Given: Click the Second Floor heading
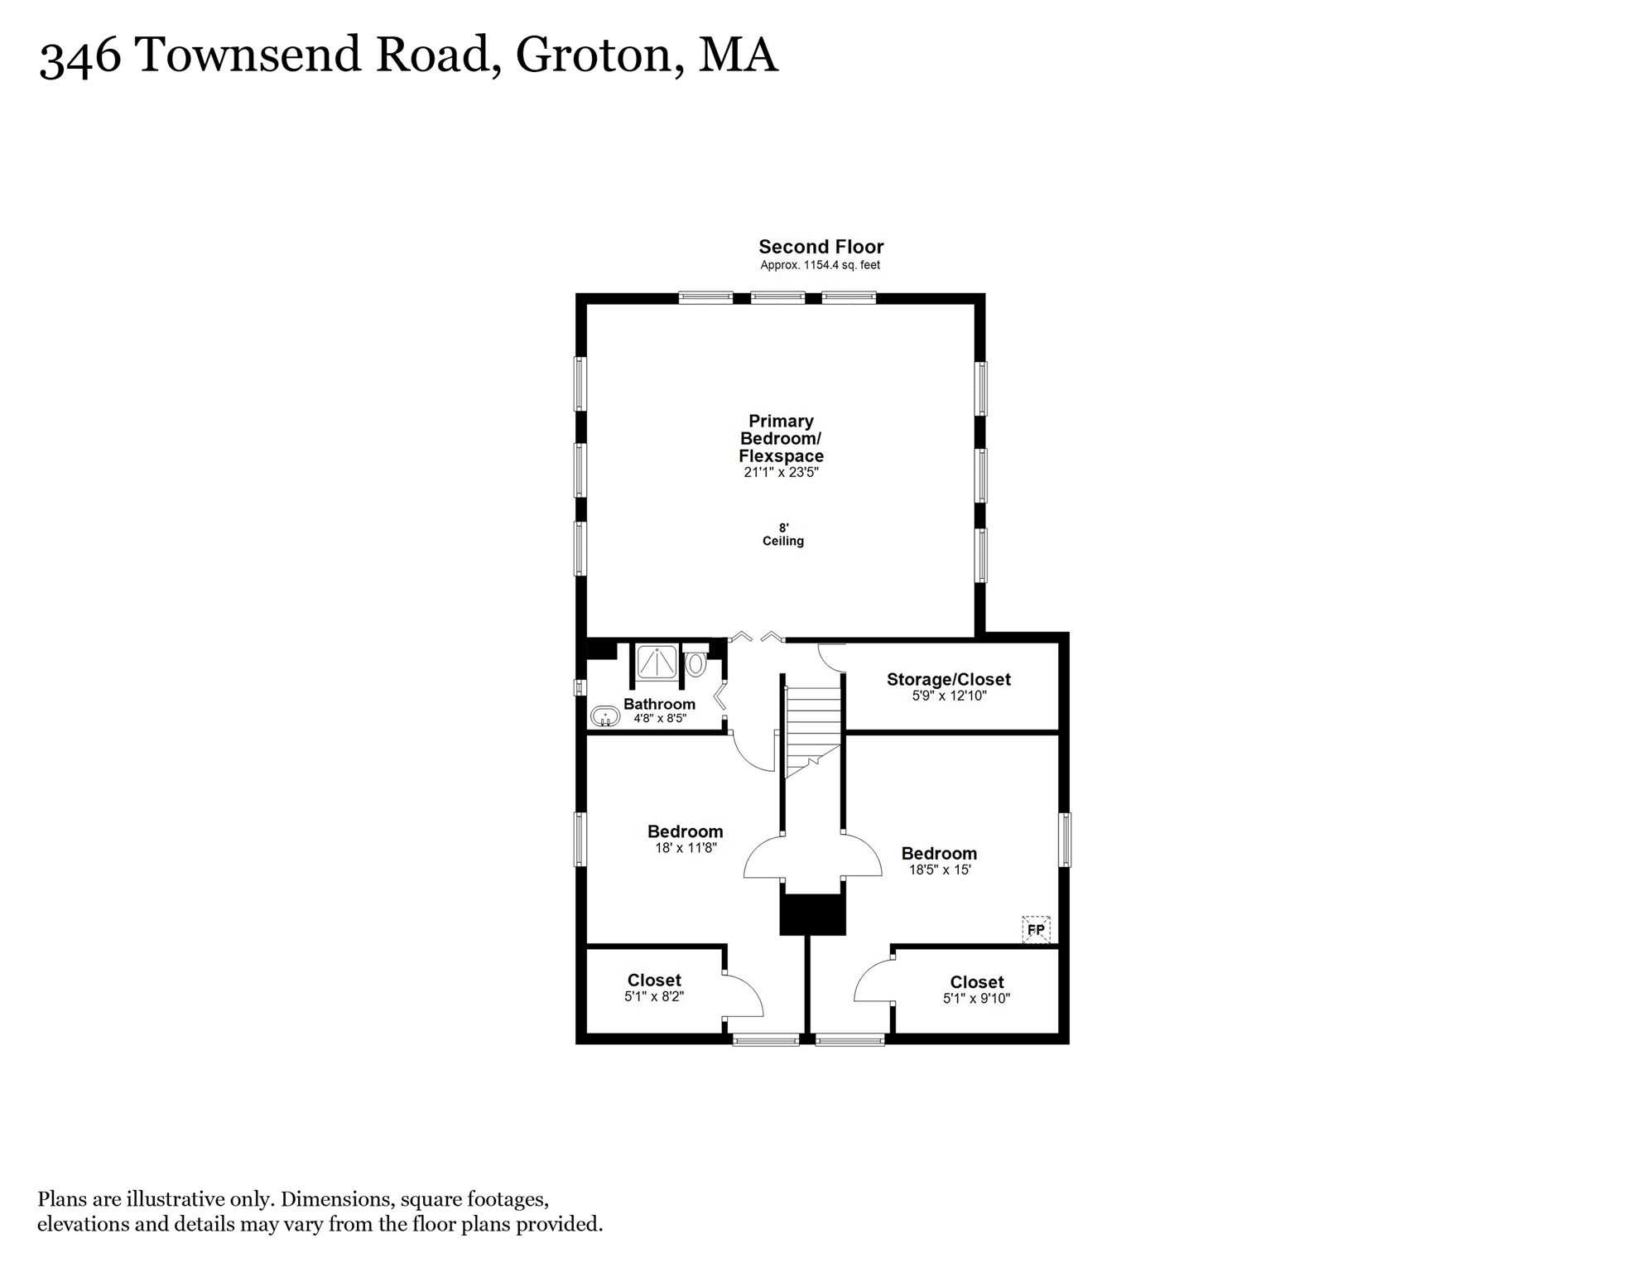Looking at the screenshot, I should pos(821,247).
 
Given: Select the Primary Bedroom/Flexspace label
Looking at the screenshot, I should pos(781,438).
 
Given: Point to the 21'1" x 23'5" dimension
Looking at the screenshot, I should pos(781,473).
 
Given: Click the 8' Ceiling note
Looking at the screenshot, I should pos(782,534).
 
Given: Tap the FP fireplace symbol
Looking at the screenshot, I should pos(1036,929).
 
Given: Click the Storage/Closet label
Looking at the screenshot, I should pos(948,679).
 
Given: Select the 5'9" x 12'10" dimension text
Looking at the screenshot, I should pos(949,696).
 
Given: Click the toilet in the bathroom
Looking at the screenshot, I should pos(695,663).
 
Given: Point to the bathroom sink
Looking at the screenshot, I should pos(605,716).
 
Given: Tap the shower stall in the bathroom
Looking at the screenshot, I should pos(657,662).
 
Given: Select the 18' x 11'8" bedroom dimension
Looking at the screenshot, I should pos(685,848).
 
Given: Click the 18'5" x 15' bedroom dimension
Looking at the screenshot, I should pos(939,870).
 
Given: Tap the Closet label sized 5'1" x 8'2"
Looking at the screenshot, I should pos(654,980).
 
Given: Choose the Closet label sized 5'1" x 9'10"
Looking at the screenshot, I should pos(976,982).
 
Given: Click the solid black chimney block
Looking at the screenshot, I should pos(812,914).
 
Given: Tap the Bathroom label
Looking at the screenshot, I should pos(659,704).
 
